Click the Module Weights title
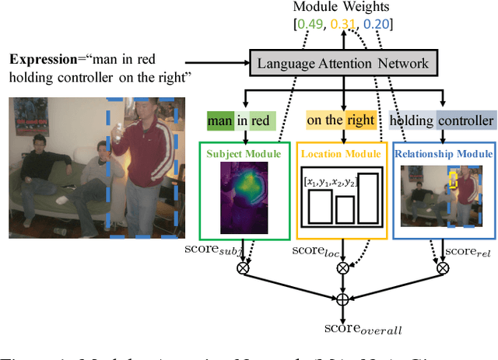343,9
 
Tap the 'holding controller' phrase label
441,121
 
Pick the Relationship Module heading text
442,153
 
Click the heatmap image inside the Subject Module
244,194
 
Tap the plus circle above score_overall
343,299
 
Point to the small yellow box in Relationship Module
453,180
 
